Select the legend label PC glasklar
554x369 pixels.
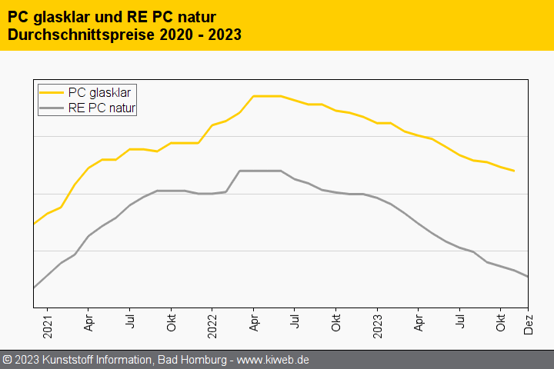[99, 92]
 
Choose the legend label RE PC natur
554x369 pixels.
[102, 108]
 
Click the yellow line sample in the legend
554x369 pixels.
[52, 92]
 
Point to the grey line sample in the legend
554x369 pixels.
[52, 108]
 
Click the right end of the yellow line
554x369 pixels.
[514, 171]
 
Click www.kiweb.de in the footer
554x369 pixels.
[275, 360]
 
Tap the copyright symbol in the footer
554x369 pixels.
[8, 360]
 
